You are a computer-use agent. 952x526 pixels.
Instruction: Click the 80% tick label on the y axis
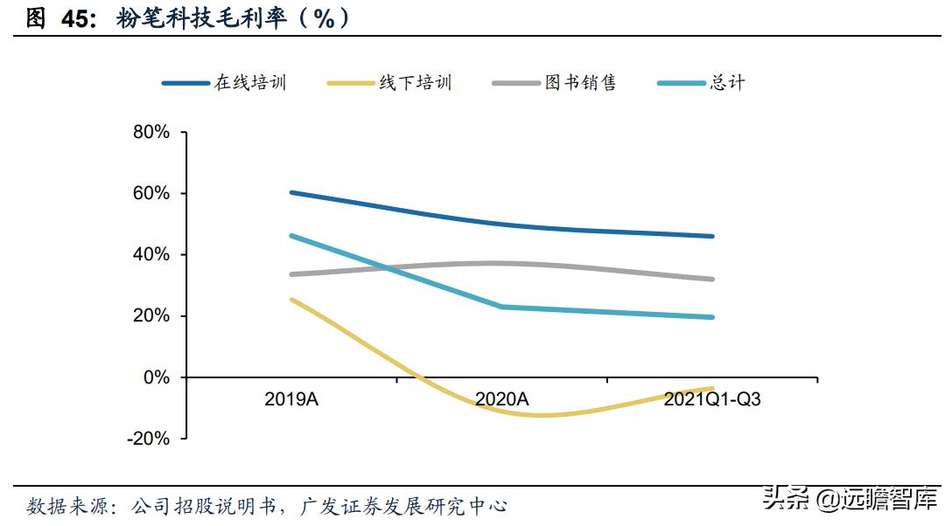click(x=150, y=132)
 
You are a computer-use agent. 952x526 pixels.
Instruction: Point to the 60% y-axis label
click(x=150, y=193)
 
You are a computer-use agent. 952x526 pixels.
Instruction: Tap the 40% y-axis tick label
click(x=150, y=254)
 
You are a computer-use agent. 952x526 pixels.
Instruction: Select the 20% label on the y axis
click(x=150, y=315)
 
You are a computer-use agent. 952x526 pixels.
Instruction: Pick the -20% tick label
click(x=148, y=439)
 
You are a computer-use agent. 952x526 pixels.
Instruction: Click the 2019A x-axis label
click(x=290, y=399)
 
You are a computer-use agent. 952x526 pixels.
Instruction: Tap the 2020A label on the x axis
click(x=501, y=399)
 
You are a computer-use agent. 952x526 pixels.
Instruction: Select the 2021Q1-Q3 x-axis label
click(x=712, y=399)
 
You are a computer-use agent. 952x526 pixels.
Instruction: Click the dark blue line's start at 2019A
click(x=291, y=192)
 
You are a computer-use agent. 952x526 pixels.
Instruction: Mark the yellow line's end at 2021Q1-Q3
click(x=712, y=388)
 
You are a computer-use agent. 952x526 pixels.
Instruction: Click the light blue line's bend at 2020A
click(x=501, y=307)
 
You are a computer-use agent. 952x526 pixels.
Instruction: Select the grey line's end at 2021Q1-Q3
click(x=712, y=280)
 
